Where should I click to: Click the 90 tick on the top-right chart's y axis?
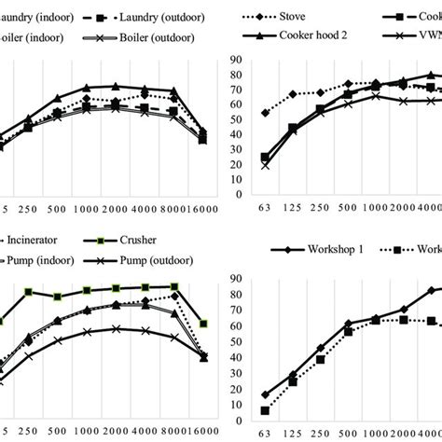(236, 61)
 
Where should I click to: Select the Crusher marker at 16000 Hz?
(203, 324)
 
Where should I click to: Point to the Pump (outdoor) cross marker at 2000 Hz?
(116, 328)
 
